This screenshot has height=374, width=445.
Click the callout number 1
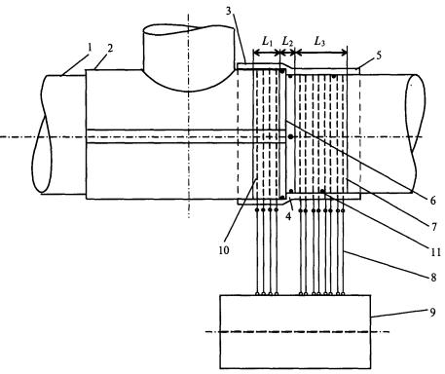click(x=90, y=48)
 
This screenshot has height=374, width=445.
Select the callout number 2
click(x=110, y=49)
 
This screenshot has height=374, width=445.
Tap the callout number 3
click(x=229, y=11)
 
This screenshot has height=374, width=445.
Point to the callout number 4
click(x=288, y=215)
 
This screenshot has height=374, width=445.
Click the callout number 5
click(x=379, y=56)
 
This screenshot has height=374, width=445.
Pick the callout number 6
click(x=433, y=201)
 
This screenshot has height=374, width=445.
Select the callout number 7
click(x=434, y=226)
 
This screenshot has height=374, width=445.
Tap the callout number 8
click(x=433, y=278)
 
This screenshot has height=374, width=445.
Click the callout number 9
click(x=433, y=313)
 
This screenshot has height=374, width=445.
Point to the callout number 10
click(x=224, y=250)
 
